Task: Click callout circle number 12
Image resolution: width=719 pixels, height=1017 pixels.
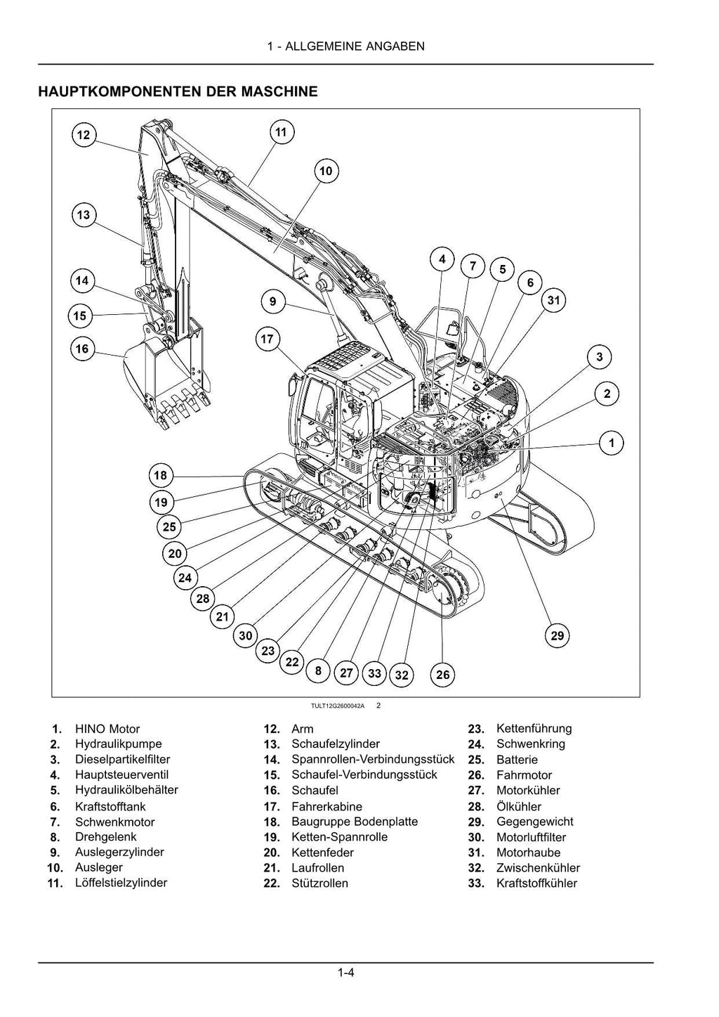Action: pyautogui.click(x=84, y=135)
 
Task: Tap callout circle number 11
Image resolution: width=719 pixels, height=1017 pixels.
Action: pyautogui.click(x=281, y=132)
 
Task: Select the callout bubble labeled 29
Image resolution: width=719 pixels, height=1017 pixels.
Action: pyautogui.click(x=557, y=636)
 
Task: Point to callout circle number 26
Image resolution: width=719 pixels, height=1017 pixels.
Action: pyautogui.click(x=443, y=675)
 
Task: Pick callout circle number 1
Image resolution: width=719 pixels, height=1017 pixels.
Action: pyautogui.click(x=612, y=443)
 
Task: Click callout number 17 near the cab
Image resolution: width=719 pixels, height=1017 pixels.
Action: pyautogui.click(x=267, y=339)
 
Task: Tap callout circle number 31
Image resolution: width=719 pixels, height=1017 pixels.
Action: pyautogui.click(x=554, y=301)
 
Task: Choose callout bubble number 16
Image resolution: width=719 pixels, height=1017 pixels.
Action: pyautogui.click(x=82, y=349)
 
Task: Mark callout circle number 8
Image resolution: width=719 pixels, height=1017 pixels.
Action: pyautogui.click(x=318, y=671)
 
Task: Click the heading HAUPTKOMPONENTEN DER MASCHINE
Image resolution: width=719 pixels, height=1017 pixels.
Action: pyautogui.click(x=178, y=91)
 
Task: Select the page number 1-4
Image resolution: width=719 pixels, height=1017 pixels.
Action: pyautogui.click(x=345, y=973)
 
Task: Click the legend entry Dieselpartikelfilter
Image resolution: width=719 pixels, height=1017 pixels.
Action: pyautogui.click(x=122, y=759)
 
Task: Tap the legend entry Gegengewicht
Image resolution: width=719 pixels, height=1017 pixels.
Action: pyautogui.click(x=534, y=822)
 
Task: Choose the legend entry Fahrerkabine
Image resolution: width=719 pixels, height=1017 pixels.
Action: pyautogui.click(x=326, y=806)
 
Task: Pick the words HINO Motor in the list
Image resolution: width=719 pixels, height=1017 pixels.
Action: pyautogui.click(x=107, y=729)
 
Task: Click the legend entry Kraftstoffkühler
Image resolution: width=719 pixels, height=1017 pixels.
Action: pyautogui.click(x=536, y=883)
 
